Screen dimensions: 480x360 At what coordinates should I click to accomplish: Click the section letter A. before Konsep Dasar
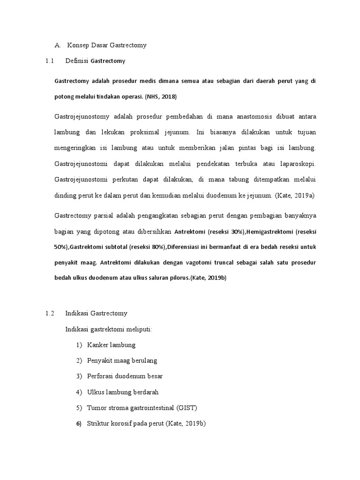click(58, 45)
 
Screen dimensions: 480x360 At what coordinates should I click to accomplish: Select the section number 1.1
click(50, 61)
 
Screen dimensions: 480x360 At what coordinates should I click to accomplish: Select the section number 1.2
click(50, 313)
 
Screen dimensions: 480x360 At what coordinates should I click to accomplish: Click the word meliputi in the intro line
click(138, 329)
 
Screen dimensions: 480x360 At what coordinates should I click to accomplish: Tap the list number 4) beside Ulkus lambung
click(79, 392)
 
